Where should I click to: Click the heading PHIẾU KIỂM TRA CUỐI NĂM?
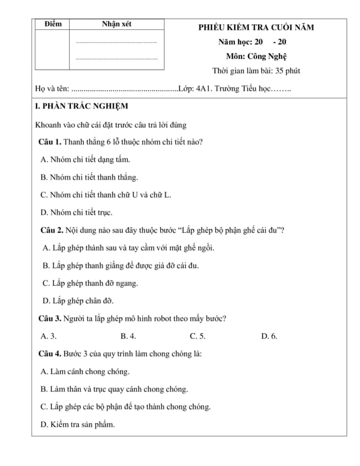point(256,28)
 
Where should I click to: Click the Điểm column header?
point(52,24)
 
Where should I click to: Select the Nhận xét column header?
point(116,24)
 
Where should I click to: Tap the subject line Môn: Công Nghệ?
point(256,56)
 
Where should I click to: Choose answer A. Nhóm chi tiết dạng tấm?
point(85,160)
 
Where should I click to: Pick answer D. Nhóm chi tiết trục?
point(76,212)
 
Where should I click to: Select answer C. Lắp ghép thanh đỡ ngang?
point(90,283)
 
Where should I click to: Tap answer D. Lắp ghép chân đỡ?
point(78,301)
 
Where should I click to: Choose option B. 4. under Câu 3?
point(128,336)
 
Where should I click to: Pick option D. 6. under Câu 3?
point(269,336)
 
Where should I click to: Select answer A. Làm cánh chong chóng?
point(85,371)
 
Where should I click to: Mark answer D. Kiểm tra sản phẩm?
point(78,424)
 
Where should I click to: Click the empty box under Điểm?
point(52,49)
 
